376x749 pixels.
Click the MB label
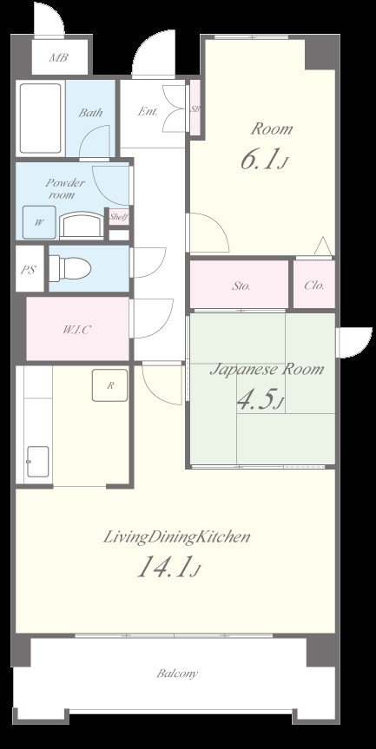point(59,58)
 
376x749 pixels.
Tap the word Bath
point(90,113)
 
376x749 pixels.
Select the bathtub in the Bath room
point(41,118)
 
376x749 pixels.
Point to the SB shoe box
point(195,108)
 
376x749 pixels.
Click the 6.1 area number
point(259,161)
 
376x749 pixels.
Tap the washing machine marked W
point(39,222)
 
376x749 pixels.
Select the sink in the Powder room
point(82,225)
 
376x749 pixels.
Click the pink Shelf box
point(118,217)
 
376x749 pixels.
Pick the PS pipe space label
point(28,270)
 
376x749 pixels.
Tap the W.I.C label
point(77,330)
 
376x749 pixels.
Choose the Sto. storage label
point(241,286)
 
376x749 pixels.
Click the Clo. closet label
point(313,286)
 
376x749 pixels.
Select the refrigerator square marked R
point(110,385)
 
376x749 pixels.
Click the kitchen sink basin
point(37,462)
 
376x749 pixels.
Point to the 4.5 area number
point(255,401)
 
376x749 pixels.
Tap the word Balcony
point(177,673)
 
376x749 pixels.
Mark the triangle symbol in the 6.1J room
point(323,246)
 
